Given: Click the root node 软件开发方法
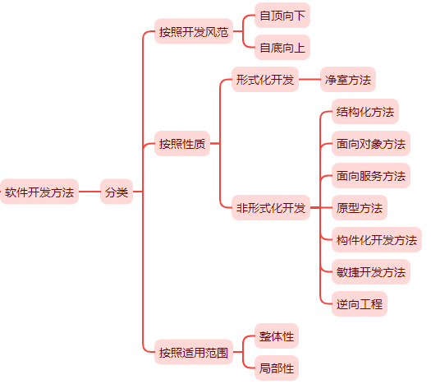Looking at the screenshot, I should pyautogui.click(x=39, y=192).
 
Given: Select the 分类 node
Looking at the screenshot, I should pyautogui.click(x=116, y=192).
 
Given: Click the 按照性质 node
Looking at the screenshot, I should pyautogui.click(x=182, y=144).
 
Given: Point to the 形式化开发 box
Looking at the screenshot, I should pyautogui.click(x=264, y=80).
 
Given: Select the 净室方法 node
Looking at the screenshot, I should pyautogui.click(x=347, y=80).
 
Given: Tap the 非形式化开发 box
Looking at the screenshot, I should pyautogui.click(x=270, y=208).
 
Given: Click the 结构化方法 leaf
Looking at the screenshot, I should pyautogui.click(x=365, y=112).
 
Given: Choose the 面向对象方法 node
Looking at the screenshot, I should pyautogui.click(x=370, y=144).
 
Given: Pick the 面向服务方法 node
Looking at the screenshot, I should pyautogui.click(x=370, y=176).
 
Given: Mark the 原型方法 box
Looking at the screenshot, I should pyautogui.click(x=359, y=208).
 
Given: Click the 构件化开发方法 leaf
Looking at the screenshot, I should pyautogui.click(x=376, y=240).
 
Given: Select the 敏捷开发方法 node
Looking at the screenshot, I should pyautogui.click(x=370, y=272).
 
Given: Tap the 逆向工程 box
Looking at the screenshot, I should pyautogui.click(x=359, y=304).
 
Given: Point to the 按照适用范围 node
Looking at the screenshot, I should pyautogui.click(x=194, y=353).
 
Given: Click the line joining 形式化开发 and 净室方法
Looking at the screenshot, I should pyautogui.click(x=309, y=80).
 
